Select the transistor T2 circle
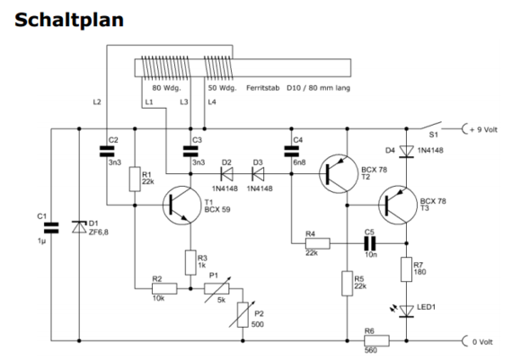(x=340, y=173)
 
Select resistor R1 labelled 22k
(x=135, y=178)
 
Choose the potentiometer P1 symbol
(x=217, y=289)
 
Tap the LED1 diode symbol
(x=407, y=311)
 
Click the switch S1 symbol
(x=436, y=125)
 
